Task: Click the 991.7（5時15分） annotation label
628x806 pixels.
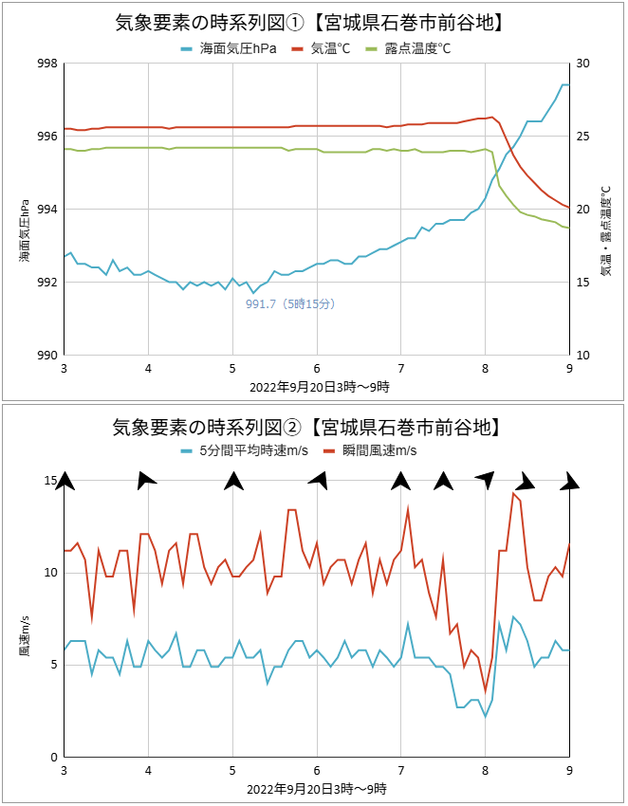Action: tap(290, 303)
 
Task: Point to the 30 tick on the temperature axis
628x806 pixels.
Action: tap(582, 64)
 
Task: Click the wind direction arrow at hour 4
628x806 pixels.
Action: tap(147, 480)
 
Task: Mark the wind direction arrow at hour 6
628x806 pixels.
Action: tap(318, 480)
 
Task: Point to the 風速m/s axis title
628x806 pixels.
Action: tap(25, 638)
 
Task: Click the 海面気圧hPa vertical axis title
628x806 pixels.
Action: tap(25, 230)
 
